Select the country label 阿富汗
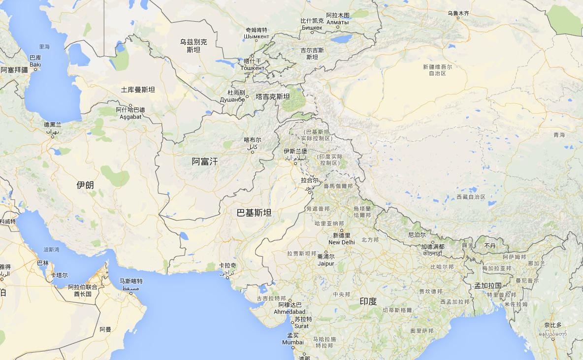click(x=205, y=161)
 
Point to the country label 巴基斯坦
click(x=254, y=213)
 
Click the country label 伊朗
click(x=85, y=185)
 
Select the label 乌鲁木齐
click(x=458, y=13)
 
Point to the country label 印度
click(x=368, y=301)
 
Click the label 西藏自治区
click(x=471, y=197)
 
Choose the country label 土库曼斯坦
click(x=138, y=90)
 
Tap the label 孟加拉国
click(x=488, y=286)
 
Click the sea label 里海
click(x=44, y=47)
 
